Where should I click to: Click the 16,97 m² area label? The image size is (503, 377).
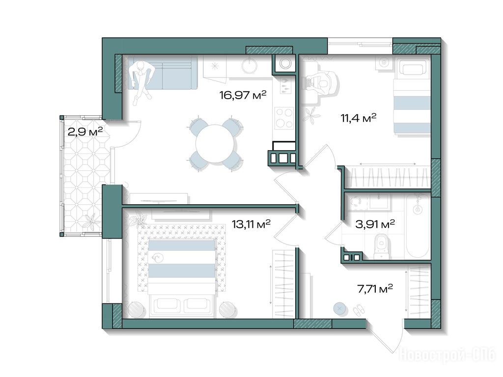[243, 95]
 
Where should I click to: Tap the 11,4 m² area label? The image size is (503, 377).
[358, 118]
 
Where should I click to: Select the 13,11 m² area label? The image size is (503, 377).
[251, 224]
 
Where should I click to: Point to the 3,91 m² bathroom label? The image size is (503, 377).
[375, 224]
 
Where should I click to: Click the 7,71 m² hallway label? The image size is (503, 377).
[375, 290]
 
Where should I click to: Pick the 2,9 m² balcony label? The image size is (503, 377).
[85, 131]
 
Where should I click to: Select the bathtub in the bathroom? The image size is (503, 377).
[418, 226]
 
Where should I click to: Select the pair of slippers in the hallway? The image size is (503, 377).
[359, 310]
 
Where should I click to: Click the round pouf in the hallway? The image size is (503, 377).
[340, 309]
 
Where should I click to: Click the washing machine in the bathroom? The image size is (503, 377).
[356, 201]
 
